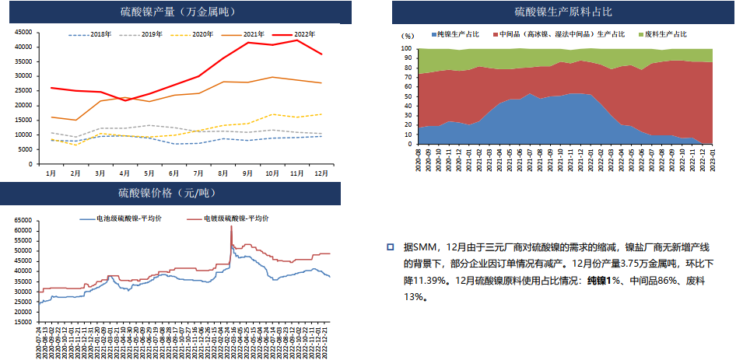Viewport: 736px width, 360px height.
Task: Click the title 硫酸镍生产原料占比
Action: [x=563, y=12]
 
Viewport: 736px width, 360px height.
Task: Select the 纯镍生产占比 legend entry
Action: [x=458, y=35]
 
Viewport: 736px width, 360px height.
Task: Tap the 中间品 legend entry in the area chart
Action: [x=564, y=35]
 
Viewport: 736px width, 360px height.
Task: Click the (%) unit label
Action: [x=408, y=36]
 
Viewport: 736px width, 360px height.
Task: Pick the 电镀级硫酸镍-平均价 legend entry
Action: [x=233, y=219]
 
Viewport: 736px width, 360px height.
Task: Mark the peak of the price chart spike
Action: [x=231, y=226]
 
